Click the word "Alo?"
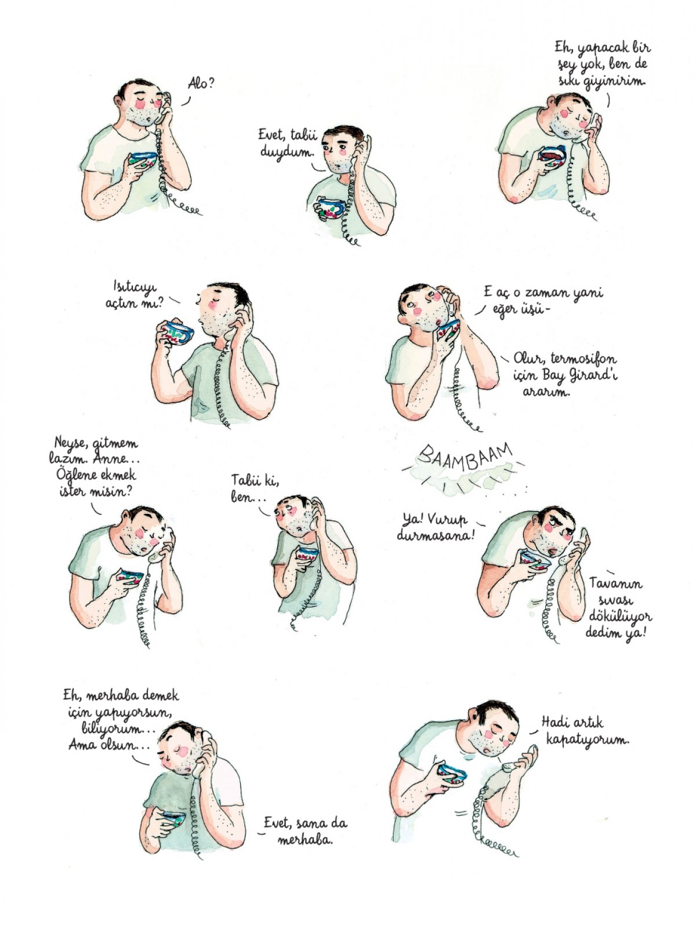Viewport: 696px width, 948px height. coord(201,83)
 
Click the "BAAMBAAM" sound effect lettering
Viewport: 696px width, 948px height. coord(465,457)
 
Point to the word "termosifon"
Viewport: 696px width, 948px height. coord(583,359)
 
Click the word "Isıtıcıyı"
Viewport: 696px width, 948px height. coord(135,287)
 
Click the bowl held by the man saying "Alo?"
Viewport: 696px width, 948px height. coord(143,159)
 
